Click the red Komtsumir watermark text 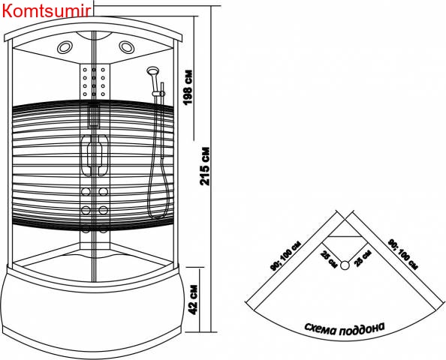[x=47, y=11]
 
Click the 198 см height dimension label [x=188, y=88]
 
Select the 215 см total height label [x=205, y=166]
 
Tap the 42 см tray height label [x=193, y=299]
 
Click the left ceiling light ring [x=65, y=47]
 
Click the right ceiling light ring [x=127, y=47]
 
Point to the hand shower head [x=152, y=70]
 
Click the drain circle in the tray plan [x=345, y=265]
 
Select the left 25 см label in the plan [x=329, y=259]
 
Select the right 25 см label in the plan [x=363, y=258]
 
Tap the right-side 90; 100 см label [x=403, y=254]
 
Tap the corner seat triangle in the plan [x=345, y=229]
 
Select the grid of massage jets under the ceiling [x=94, y=82]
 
